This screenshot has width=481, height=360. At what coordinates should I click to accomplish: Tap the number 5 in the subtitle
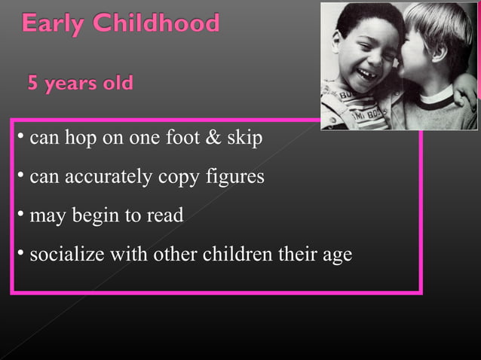tap(33, 82)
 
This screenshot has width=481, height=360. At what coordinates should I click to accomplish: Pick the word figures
tap(234, 178)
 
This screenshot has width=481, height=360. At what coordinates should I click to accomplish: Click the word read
tap(164, 215)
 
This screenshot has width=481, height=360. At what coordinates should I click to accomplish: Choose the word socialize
tap(66, 255)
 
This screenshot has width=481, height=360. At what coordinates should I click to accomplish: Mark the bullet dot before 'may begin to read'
tap(21, 214)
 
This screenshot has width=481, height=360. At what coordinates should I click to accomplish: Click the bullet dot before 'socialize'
tap(21, 252)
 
